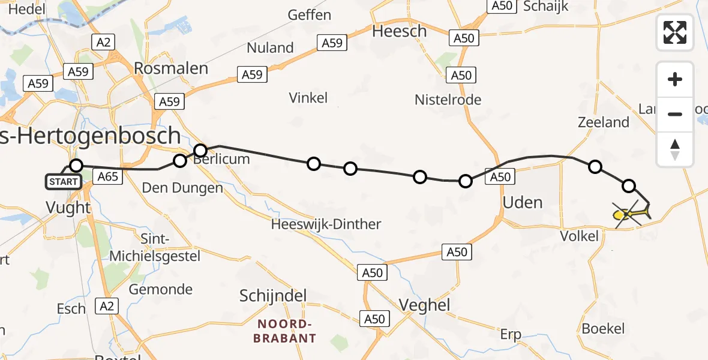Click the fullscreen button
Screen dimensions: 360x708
(x=675, y=32)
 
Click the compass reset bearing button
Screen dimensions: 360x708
(x=675, y=150)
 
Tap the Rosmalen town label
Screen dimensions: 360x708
(x=171, y=68)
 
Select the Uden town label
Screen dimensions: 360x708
(x=523, y=202)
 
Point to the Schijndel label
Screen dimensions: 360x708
(x=273, y=295)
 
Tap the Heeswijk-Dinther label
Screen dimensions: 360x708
(x=326, y=224)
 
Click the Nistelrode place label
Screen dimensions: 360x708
(x=448, y=100)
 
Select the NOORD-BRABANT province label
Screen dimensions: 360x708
(x=284, y=331)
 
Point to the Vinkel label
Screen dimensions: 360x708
(x=308, y=97)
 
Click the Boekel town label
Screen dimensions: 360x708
(x=603, y=328)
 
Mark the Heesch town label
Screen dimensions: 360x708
(x=399, y=31)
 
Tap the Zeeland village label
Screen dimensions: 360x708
(x=603, y=122)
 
